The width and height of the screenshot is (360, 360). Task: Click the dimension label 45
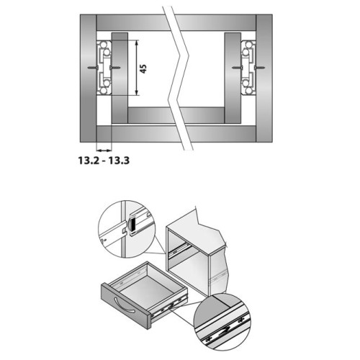[143, 68]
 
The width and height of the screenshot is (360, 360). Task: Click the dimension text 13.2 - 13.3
[104, 161]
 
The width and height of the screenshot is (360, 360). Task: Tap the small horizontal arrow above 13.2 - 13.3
[104, 150]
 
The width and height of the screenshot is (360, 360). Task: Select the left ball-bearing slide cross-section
[104, 68]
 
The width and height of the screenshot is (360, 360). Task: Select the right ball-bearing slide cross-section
[248, 68]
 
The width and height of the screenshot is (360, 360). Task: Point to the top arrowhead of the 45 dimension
[137, 42]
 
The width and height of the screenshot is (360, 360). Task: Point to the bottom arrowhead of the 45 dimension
[137, 93]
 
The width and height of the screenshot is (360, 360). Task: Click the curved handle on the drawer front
[124, 305]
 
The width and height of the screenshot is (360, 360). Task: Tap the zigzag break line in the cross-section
[179, 78]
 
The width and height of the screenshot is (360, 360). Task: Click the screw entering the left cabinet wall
[92, 68]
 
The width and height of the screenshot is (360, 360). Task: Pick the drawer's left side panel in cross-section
[120, 78]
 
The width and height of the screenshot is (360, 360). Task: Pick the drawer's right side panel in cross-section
[233, 78]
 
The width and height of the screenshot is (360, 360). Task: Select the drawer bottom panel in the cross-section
[176, 115]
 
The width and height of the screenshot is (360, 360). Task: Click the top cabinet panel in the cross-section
[176, 22]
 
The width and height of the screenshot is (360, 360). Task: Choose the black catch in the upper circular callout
[132, 225]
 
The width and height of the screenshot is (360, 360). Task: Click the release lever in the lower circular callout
[224, 332]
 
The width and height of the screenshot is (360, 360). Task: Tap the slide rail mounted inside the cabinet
[179, 251]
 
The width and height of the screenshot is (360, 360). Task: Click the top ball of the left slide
[104, 45]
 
